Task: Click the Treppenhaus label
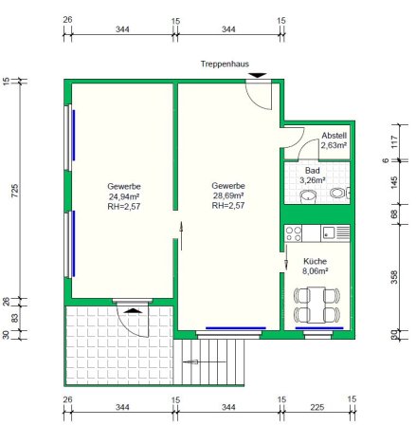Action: [x=225, y=65]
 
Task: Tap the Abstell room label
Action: [x=335, y=136]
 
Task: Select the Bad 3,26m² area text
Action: [x=312, y=176]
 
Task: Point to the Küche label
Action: [x=315, y=261]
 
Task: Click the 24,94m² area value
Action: [x=124, y=196]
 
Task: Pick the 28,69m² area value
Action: [x=228, y=195]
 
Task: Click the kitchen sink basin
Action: [x=328, y=233]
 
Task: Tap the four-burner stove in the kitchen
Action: [x=293, y=233]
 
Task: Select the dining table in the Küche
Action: [x=317, y=305]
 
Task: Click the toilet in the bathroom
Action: [x=338, y=193]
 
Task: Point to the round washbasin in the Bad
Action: [x=307, y=195]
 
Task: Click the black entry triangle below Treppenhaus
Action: [x=258, y=76]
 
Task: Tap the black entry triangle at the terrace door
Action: [x=133, y=310]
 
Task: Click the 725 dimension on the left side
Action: [x=15, y=191]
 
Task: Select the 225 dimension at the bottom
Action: [x=317, y=407]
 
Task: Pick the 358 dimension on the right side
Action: [x=394, y=277]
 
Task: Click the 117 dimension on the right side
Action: [x=394, y=142]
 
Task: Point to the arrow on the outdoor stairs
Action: [x=205, y=361]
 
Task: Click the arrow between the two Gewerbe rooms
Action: [x=181, y=235]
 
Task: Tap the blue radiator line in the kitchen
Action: [x=319, y=328]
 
